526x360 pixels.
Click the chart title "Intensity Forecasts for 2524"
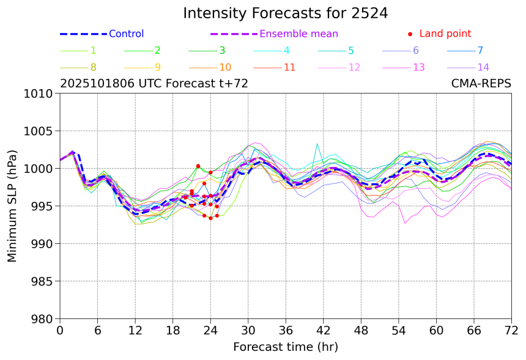coord(285,13)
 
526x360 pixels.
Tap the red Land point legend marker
coord(410,34)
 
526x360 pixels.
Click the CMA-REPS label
coord(481,84)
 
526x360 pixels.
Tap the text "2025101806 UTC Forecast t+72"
coord(154,84)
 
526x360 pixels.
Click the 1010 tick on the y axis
coord(40,94)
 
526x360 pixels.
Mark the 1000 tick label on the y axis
coord(40,169)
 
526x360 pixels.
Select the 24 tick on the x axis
coord(210,331)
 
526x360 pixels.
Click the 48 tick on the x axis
coord(361,331)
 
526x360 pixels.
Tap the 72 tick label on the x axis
coord(511,331)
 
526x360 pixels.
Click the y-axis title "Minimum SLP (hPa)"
coord(12,206)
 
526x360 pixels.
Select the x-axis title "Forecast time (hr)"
coord(285,347)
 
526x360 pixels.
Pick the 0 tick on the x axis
coord(60,331)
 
